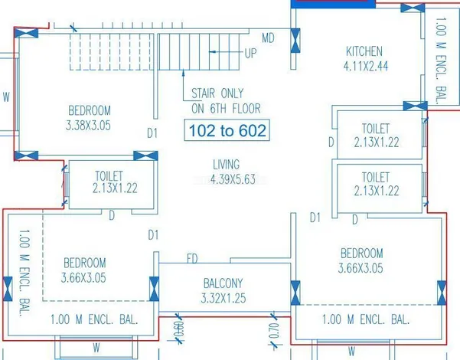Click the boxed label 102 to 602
click(x=227, y=131)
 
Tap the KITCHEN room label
click(x=364, y=51)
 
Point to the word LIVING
click(x=226, y=165)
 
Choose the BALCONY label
click(x=223, y=283)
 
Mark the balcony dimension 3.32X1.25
click(x=223, y=298)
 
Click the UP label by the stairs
click(x=250, y=54)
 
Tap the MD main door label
click(x=268, y=38)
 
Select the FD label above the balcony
click(x=192, y=258)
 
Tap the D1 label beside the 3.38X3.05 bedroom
click(x=152, y=133)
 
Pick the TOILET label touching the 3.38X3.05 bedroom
click(x=109, y=175)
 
